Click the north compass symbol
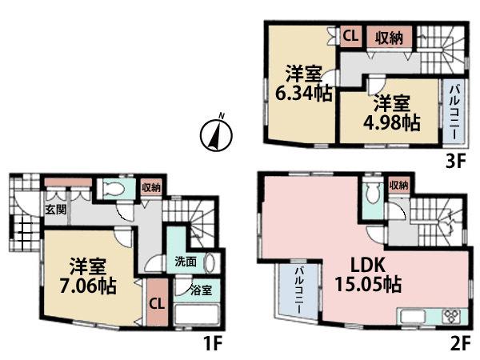[x=212, y=133]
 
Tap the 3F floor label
[x=455, y=159]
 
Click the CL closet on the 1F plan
[x=158, y=303]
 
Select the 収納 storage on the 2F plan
[x=398, y=185]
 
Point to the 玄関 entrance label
[x=55, y=210]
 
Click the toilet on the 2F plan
[x=370, y=193]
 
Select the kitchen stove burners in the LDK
[x=447, y=314]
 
